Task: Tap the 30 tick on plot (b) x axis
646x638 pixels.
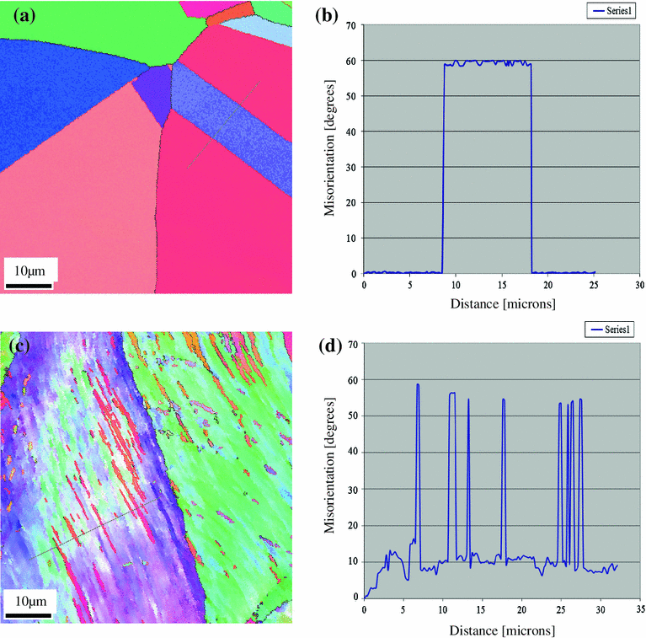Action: [x=639, y=286]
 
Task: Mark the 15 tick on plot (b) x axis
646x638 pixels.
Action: [x=501, y=286]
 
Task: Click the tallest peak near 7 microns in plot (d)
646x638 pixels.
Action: [x=418, y=385]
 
